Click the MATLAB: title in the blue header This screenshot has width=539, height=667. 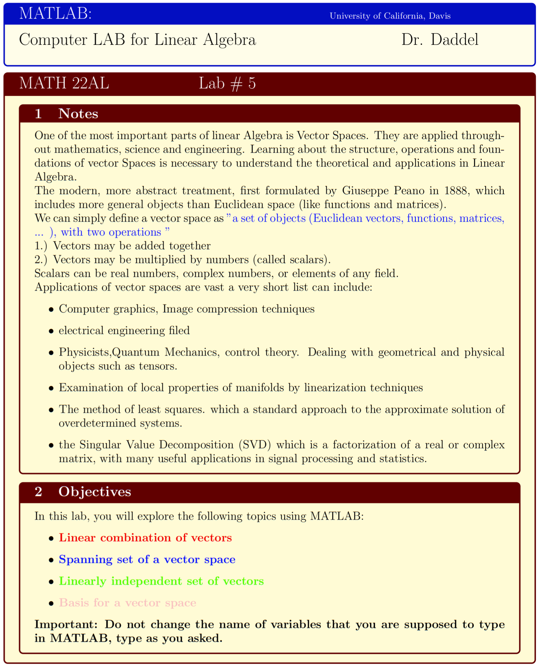55,14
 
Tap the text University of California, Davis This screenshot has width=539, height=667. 390,16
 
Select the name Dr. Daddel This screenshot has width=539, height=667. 440,40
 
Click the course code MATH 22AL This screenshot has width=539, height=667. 64,83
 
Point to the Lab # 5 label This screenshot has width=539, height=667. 227,84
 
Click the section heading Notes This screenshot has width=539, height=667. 78,114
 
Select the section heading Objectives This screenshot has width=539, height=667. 94,491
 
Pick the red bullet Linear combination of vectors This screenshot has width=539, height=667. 145,538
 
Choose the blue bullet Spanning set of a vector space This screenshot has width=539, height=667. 147,560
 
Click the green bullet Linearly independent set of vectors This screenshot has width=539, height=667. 161,581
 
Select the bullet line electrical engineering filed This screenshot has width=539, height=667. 124,330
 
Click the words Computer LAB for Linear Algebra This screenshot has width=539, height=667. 137,40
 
